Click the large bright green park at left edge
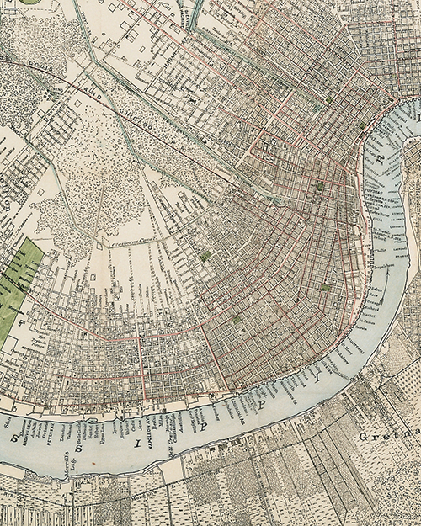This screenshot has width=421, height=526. tap(19, 286)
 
